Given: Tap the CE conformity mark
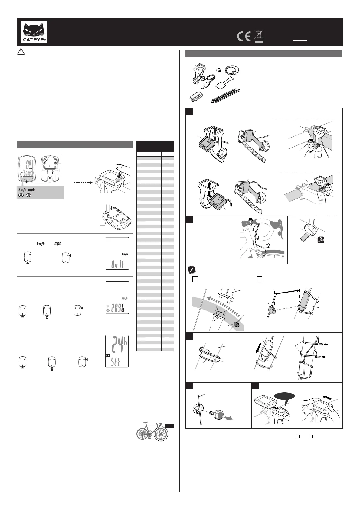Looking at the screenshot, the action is click(x=244, y=37).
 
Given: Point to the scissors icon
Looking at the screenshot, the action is click(x=323, y=240).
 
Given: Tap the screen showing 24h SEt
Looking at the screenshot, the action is click(x=117, y=351).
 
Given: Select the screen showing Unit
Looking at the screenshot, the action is click(x=117, y=253).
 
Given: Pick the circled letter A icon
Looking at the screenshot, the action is click(x=21, y=195).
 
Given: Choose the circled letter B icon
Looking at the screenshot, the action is click(x=28, y=195).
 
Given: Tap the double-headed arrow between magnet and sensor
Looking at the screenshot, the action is click(x=287, y=292).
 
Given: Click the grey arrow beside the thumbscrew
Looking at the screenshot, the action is click(x=228, y=418).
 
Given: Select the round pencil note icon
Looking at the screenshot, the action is click(x=191, y=269).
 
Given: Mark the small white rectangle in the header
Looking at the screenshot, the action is click(x=300, y=42).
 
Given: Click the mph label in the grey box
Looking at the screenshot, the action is click(x=31, y=190).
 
